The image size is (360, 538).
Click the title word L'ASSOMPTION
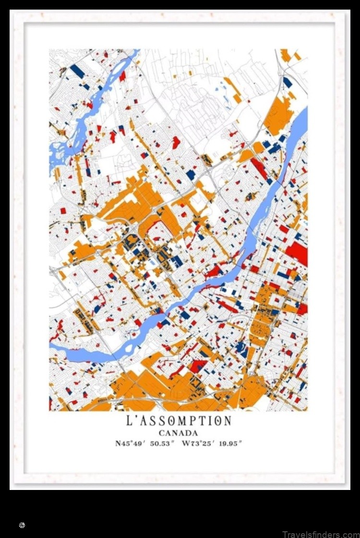click(x=179, y=421)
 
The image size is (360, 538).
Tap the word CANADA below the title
click(x=179, y=433)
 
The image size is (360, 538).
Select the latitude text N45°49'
click(x=130, y=443)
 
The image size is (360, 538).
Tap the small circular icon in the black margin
click(x=22, y=526)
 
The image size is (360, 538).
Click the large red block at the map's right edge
click(x=299, y=252)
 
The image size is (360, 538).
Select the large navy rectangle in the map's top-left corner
click(x=77, y=71)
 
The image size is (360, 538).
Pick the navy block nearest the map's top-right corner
click(x=288, y=82)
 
